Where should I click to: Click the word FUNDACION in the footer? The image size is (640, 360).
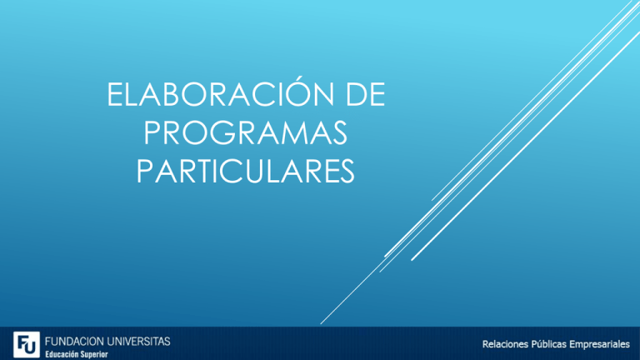click(x=73, y=341)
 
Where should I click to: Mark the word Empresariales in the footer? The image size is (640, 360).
click(x=602, y=344)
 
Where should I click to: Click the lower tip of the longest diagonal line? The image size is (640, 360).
click(x=322, y=323)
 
